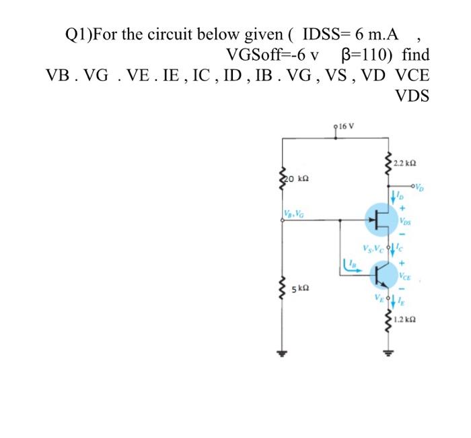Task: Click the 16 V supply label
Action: [348, 125]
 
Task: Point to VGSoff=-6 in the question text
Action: [266, 54]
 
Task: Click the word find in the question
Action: [416, 54]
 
